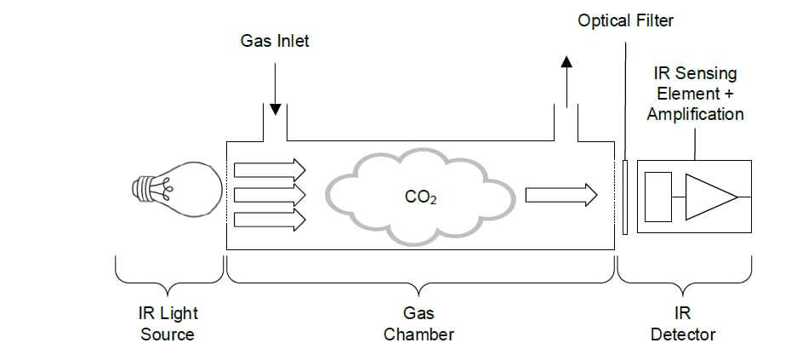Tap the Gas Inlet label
275,40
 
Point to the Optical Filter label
625,20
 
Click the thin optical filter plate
626,197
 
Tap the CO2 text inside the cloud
423,198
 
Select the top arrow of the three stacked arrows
269,167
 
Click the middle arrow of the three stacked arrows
269,194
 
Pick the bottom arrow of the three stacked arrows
269,220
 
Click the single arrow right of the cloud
561,195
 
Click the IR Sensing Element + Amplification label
695,94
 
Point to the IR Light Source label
168,324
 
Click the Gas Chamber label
418,324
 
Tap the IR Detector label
683,324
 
